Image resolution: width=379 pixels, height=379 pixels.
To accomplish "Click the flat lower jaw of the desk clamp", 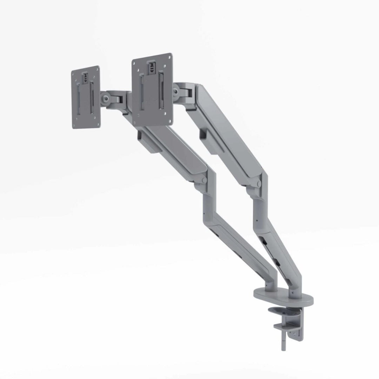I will tap(282, 327).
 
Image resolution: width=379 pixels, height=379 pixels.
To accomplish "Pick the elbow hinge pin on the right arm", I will tap(259, 184).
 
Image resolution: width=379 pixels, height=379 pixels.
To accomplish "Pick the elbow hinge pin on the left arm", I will tap(204, 180).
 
